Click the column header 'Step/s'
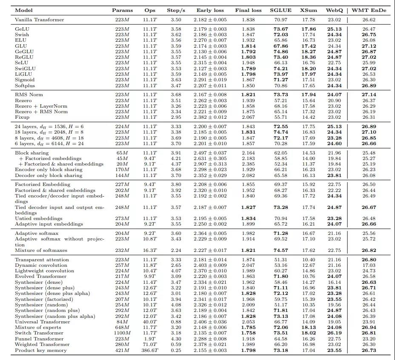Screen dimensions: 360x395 175,10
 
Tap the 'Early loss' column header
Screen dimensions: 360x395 210,10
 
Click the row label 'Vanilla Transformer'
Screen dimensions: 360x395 40,20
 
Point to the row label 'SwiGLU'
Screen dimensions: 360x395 26,69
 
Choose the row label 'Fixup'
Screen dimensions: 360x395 22,117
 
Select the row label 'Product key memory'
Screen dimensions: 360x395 41,350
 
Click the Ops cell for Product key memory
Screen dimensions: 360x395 150,350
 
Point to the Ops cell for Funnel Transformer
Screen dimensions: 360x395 150,339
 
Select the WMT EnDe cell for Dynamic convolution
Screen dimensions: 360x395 369,266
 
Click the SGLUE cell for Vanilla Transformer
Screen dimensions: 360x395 281,20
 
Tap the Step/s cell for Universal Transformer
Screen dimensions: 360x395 175,322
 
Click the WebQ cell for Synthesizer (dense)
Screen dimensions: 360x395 334,282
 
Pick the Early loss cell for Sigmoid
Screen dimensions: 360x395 210,80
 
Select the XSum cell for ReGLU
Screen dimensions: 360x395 308,57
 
